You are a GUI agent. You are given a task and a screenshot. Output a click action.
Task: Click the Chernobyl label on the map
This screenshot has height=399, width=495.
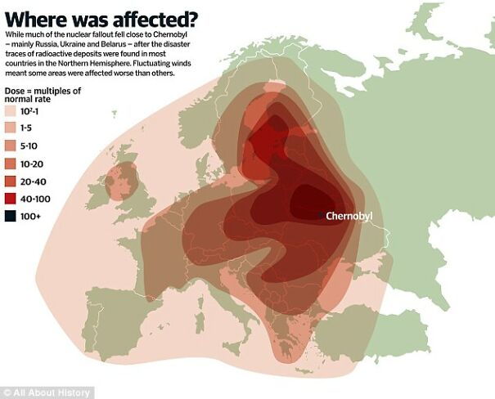(x=349, y=217)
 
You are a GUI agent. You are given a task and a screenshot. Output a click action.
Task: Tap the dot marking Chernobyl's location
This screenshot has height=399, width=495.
(x=322, y=215)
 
